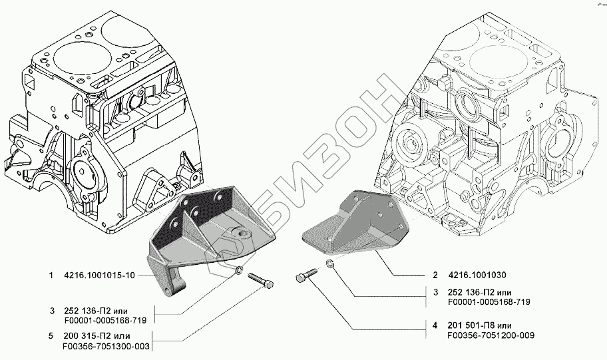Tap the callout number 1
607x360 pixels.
pyautogui.click(x=51, y=275)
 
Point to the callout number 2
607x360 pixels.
pyautogui.click(x=434, y=275)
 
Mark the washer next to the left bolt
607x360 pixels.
pyautogui.click(x=238, y=270)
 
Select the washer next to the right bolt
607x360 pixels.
pyautogui.click(x=331, y=266)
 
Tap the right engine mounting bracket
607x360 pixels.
pyautogui.click(x=353, y=223)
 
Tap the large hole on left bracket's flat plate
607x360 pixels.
pyautogui.click(x=241, y=234)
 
